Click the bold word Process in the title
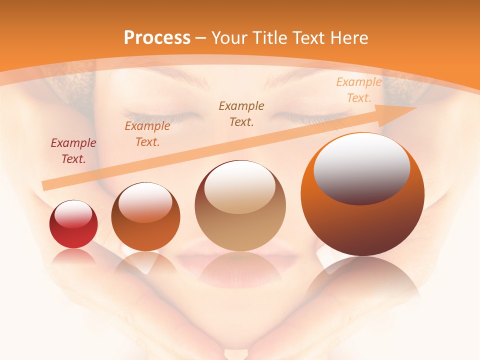click(157, 38)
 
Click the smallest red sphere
click(73, 224)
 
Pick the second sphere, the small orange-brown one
click(145, 217)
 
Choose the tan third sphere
click(240, 206)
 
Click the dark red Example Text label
click(73, 151)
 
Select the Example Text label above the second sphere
click(147, 134)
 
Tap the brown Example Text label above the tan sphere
click(241, 113)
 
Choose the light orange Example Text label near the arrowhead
click(358, 90)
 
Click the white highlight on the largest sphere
click(362, 168)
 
